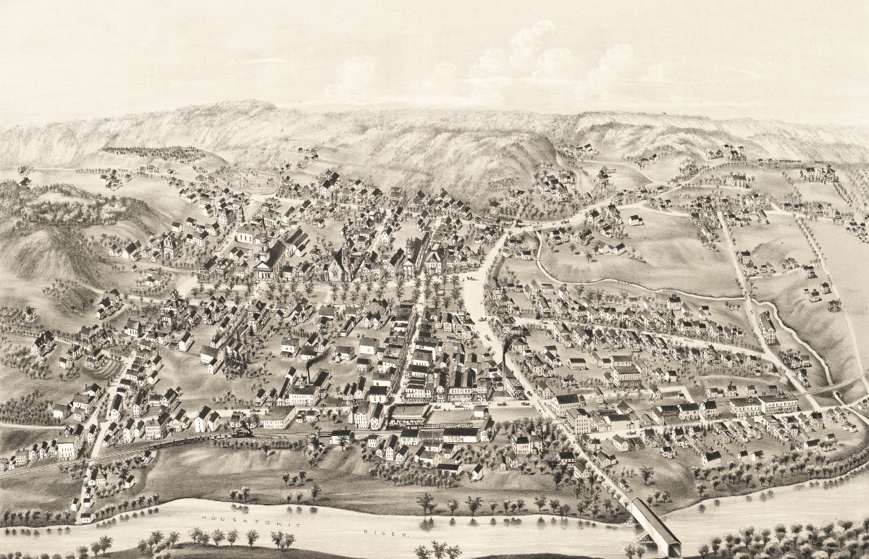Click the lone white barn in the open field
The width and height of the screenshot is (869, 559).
(x=635, y=219)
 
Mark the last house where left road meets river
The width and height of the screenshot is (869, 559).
(x=86, y=517)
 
